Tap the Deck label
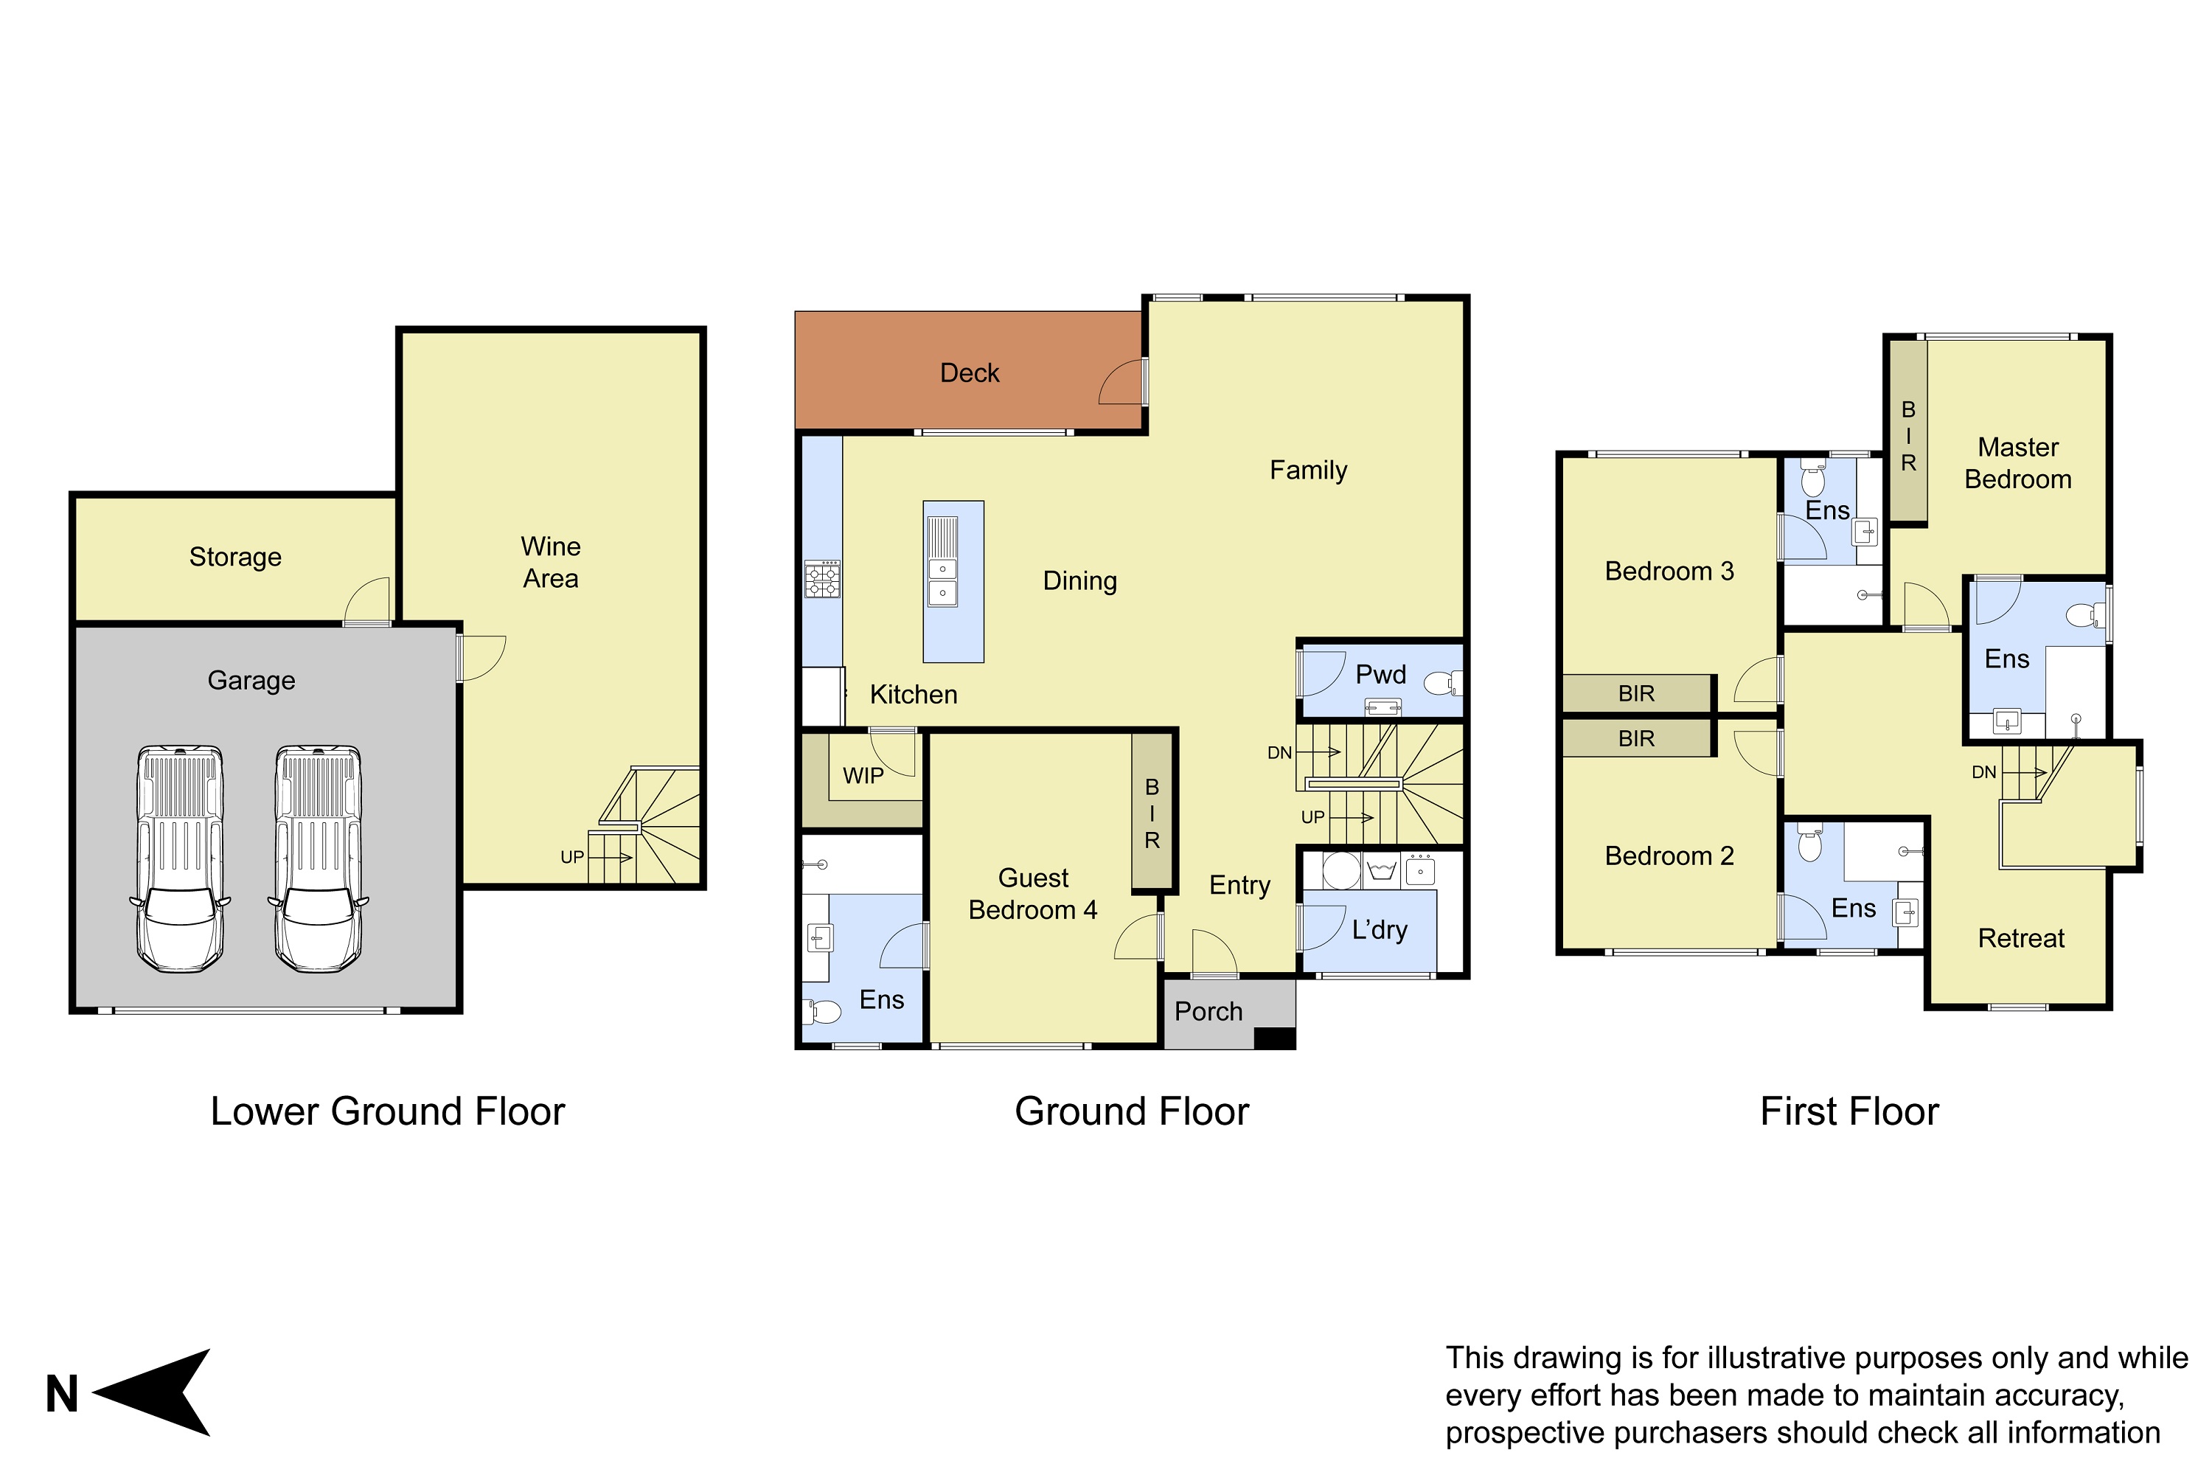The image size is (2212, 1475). [x=970, y=373]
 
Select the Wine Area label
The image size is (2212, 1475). [x=550, y=563]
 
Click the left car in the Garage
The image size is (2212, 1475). [x=180, y=859]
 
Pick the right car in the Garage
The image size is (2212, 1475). [x=318, y=859]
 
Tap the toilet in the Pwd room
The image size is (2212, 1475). [x=1443, y=682]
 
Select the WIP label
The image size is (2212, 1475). [x=863, y=776]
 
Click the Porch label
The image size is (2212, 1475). [x=1208, y=1011]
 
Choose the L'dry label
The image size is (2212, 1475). [x=1380, y=930]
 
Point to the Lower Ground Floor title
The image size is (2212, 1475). [x=388, y=1112]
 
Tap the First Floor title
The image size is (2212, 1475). [x=1849, y=1112]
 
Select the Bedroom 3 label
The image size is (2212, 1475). [x=1669, y=571]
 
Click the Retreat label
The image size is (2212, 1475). [x=2021, y=938]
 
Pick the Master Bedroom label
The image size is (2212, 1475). [x=2018, y=463]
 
